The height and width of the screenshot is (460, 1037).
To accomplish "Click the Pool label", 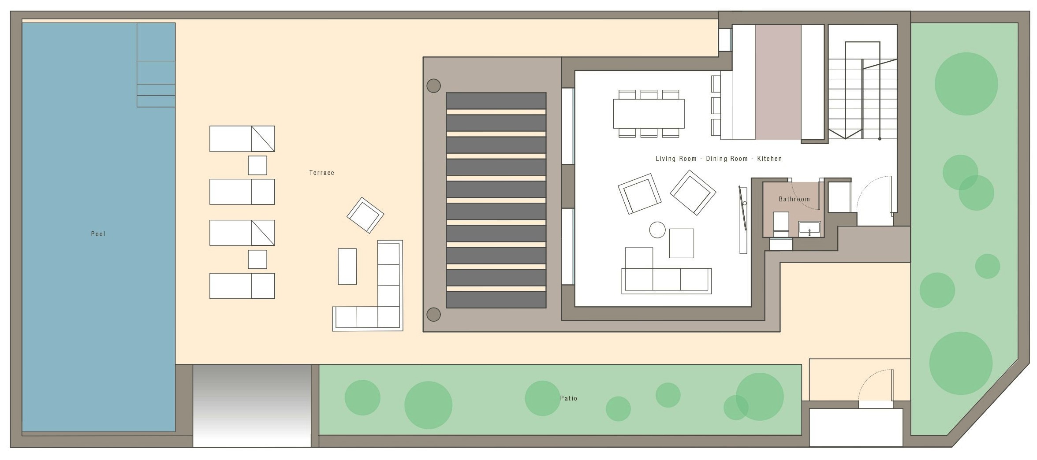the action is [98, 234].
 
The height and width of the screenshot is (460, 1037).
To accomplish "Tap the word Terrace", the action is [322, 173].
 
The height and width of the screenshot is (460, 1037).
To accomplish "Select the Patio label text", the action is [569, 398].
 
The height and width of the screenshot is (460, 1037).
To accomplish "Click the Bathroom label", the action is [795, 199].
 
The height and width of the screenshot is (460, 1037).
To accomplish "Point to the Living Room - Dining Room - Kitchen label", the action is [719, 159].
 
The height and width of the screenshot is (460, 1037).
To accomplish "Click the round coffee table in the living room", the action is [657, 230].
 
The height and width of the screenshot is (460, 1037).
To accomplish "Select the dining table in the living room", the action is [649, 114].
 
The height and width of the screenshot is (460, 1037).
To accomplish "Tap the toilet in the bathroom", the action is [781, 224].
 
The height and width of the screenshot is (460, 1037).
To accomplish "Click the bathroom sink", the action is [809, 229].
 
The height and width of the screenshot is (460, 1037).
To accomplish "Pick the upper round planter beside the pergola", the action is [434, 86].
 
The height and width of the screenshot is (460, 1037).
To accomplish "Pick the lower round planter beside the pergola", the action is [434, 315].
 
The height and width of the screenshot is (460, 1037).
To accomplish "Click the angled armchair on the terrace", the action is [366, 215].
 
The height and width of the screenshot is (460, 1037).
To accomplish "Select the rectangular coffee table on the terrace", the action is [347, 267].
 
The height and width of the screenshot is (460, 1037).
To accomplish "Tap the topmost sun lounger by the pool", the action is [242, 139].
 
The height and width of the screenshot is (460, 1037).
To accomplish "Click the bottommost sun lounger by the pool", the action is [242, 286].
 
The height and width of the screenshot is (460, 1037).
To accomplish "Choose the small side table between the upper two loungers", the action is [257, 165].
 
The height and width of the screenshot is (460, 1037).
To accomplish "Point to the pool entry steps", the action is [156, 65].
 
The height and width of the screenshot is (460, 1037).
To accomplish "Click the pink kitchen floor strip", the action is [778, 82].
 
